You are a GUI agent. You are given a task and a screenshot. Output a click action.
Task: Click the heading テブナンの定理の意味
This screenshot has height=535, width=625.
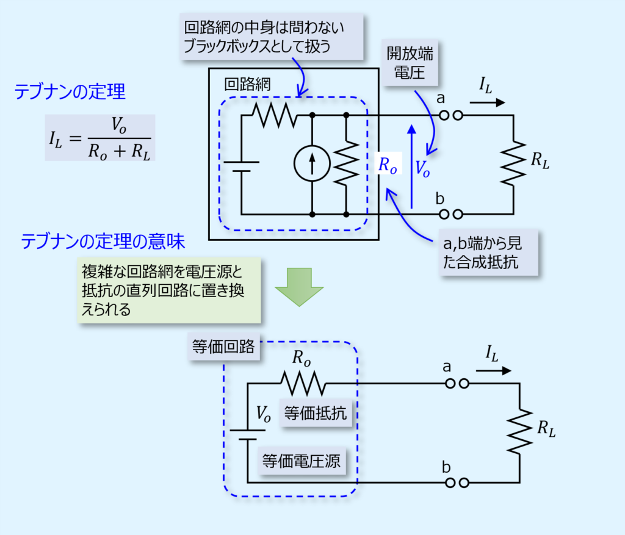pyautogui.click(x=102, y=242)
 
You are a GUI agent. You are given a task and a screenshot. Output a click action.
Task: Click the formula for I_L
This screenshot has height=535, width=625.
pyautogui.click(x=99, y=138)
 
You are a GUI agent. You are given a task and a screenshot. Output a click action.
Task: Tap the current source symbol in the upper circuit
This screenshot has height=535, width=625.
pyautogui.click(x=312, y=164)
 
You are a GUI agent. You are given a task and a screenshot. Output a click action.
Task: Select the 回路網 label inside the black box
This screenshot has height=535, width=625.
pyautogui.click(x=248, y=84)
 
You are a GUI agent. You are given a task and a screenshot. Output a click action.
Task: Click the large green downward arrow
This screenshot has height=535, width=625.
pyautogui.click(x=299, y=285)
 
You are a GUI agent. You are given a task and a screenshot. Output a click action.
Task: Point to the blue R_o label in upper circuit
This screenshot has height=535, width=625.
pyautogui.click(x=388, y=166)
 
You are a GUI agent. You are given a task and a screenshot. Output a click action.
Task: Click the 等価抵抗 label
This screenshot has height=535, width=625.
pyautogui.click(x=315, y=414)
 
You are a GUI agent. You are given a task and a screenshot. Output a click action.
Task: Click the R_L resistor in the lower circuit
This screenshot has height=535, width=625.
pyautogui.click(x=519, y=431)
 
